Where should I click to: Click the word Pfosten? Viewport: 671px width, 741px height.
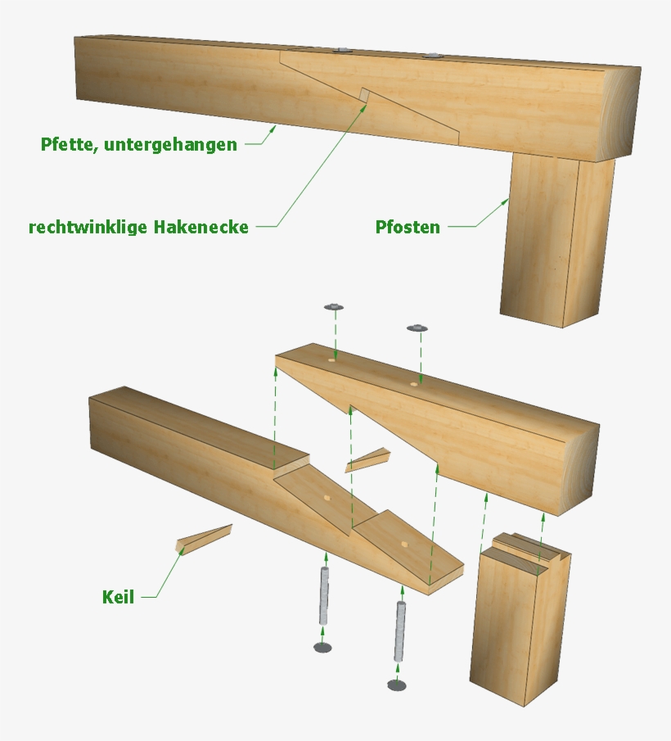click(x=408, y=227)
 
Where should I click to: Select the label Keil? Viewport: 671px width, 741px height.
click(x=118, y=597)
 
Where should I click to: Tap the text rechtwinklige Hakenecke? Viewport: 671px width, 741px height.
click(x=138, y=227)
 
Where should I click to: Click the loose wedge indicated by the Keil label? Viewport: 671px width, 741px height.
click(x=205, y=540)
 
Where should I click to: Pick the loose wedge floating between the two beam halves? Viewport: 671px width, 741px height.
click(x=367, y=459)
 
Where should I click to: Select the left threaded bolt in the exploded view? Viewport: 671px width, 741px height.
click(x=325, y=595)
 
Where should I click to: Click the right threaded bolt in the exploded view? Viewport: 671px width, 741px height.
click(x=400, y=631)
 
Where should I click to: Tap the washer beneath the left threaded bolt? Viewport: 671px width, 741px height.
click(x=323, y=648)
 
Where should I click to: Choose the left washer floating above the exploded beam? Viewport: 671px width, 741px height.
click(x=334, y=307)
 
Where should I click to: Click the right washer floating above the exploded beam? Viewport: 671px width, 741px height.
click(x=418, y=328)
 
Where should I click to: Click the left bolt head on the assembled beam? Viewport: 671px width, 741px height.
click(x=341, y=51)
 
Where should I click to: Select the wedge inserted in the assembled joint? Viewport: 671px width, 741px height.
click(x=364, y=97)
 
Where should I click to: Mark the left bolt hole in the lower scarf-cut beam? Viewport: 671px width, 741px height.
click(x=326, y=497)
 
